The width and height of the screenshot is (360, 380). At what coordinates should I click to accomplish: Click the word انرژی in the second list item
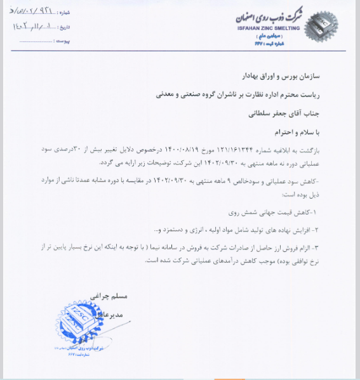click(x=196, y=228)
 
